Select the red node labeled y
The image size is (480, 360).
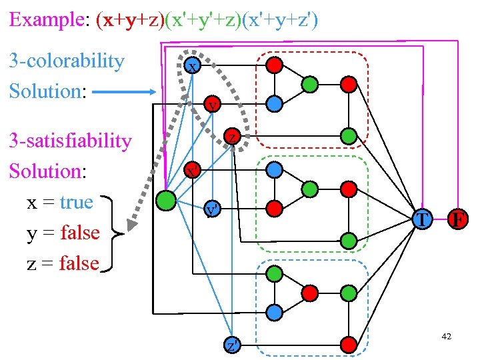tap(212, 105)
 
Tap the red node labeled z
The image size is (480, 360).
tap(231, 137)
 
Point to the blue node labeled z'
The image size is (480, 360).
tap(231, 345)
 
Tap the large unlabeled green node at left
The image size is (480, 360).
tap(166, 201)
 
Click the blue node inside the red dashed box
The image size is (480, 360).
tap(274, 103)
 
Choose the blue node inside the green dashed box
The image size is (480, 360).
tap(274, 169)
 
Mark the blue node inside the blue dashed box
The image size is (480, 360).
tap(274, 311)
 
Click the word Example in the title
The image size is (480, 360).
tap(45, 19)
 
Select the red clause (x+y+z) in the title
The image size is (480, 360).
tap(130, 19)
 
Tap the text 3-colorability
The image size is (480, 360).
tap(67, 61)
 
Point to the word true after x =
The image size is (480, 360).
tap(77, 202)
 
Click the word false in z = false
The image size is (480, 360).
tap(79, 263)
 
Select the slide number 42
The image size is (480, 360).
tap(446, 337)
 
